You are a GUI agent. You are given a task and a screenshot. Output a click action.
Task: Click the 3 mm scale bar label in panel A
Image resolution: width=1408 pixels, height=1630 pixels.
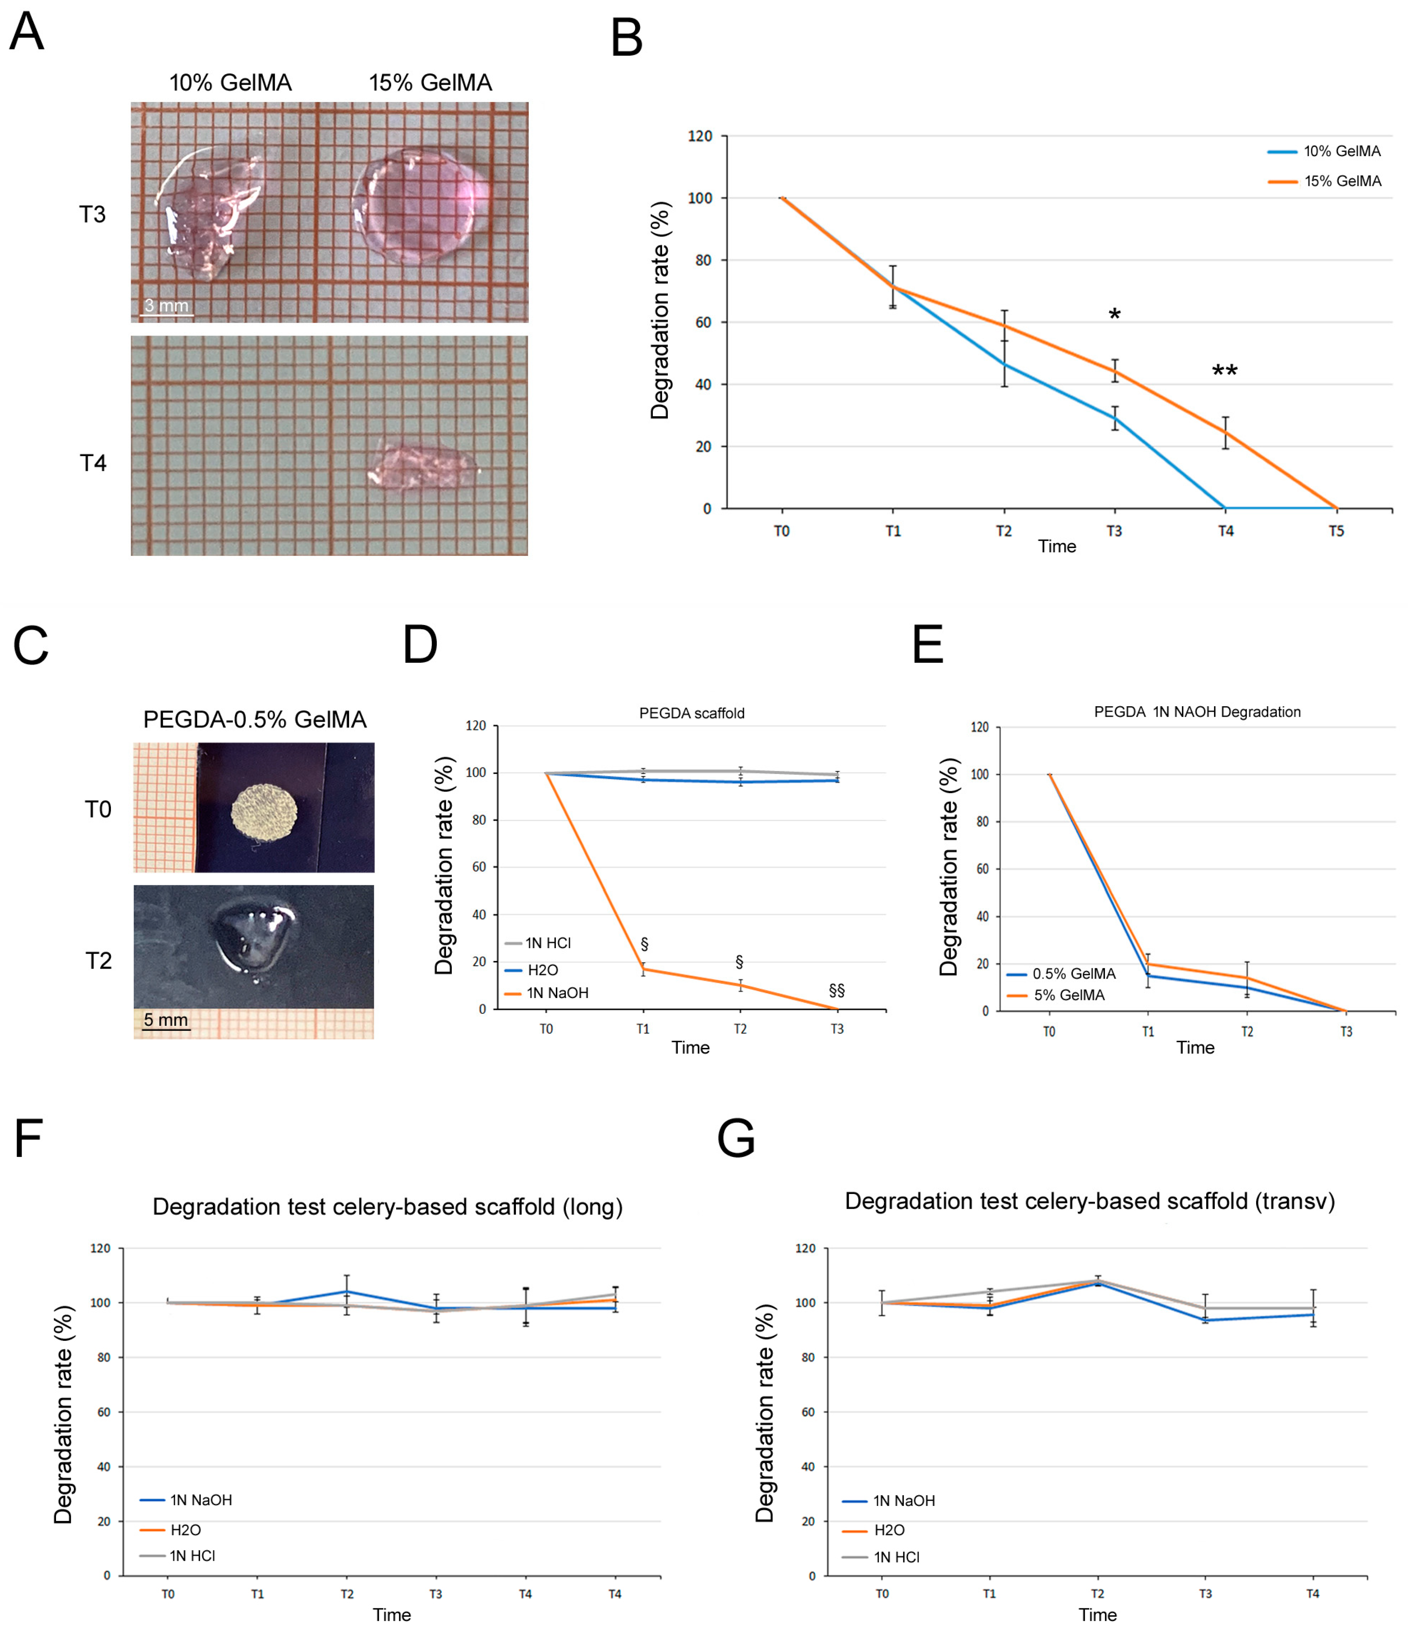click(x=167, y=305)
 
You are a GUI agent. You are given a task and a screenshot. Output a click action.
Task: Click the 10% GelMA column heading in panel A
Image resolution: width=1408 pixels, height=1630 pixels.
click(x=230, y=83)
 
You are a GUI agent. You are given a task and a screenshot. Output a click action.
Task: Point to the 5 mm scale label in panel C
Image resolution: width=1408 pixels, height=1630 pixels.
click(x=166, y=1020)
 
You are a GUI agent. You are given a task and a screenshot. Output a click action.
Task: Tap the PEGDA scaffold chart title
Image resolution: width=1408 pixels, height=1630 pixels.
click(x=691, y=713)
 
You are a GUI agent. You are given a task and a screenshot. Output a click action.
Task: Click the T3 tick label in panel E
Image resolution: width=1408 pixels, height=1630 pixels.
click(x=1346, y=1031)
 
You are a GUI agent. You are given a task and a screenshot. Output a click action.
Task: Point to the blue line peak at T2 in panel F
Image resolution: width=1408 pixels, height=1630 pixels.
click(x=347, y=1292)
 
